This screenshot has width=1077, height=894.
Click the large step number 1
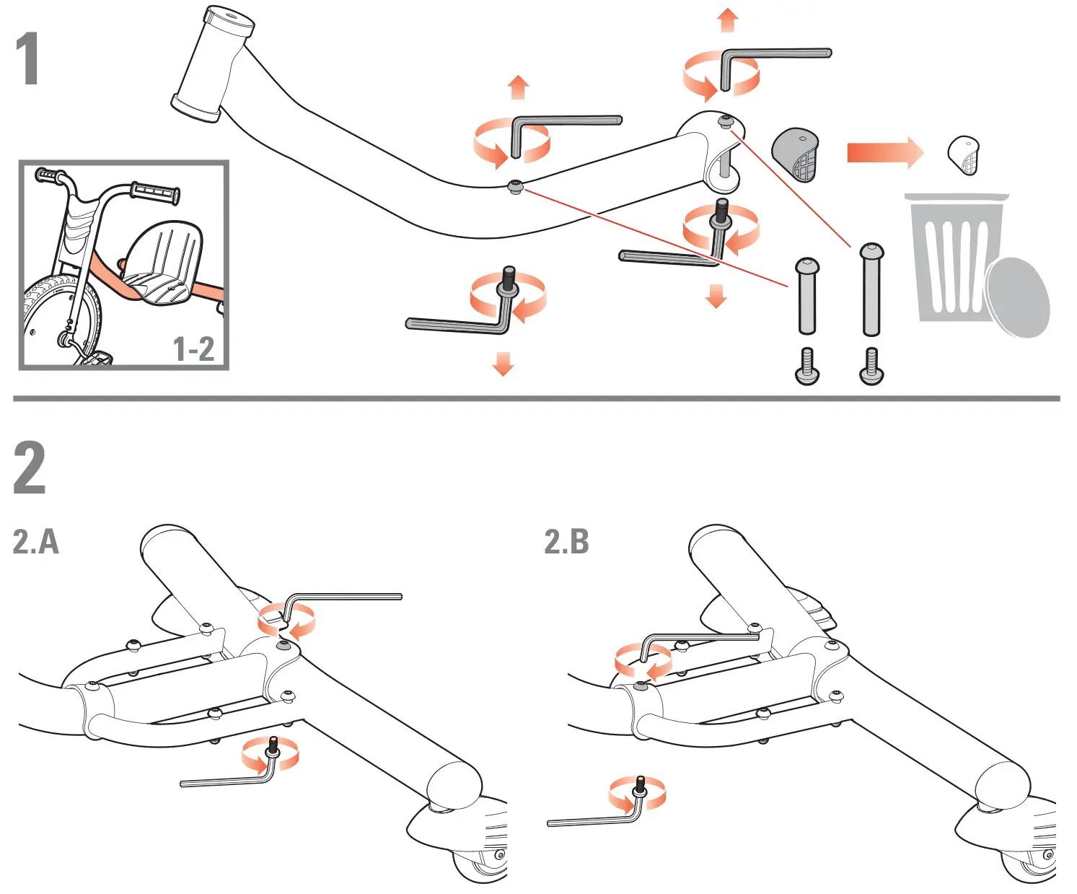point(27,58)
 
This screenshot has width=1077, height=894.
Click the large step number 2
point(30,468)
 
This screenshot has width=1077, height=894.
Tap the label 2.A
point(36,542)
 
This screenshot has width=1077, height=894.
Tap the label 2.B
point(566,542)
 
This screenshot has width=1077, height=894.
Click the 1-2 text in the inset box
point(193,349)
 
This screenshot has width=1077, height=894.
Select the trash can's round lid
point(1019,297)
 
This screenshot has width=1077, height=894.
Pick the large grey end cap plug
point(796,154)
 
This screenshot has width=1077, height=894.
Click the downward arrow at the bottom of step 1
point(503,364)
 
